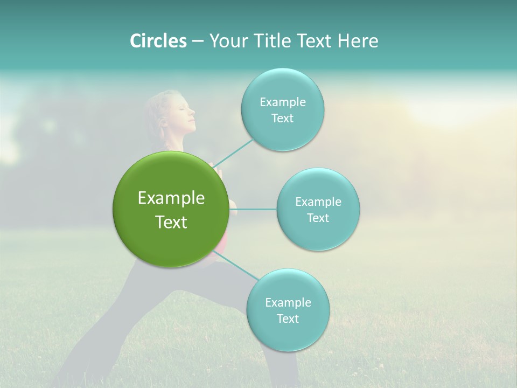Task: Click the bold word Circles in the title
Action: [x=158, y=41]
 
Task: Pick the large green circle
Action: [x=171, y=209]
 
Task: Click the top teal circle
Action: [x=282, y=110]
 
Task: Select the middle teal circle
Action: [x=318, y=209]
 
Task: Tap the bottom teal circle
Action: [x=288, y=310]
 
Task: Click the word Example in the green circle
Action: [x=171, y=198]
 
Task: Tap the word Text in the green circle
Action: [x=171, y=222]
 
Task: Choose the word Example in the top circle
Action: [x=282, y=102]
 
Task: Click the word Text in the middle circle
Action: [x=318, y=218]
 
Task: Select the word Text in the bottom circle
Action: [x=288, y=318]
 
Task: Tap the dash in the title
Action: [x=197, y=41]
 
